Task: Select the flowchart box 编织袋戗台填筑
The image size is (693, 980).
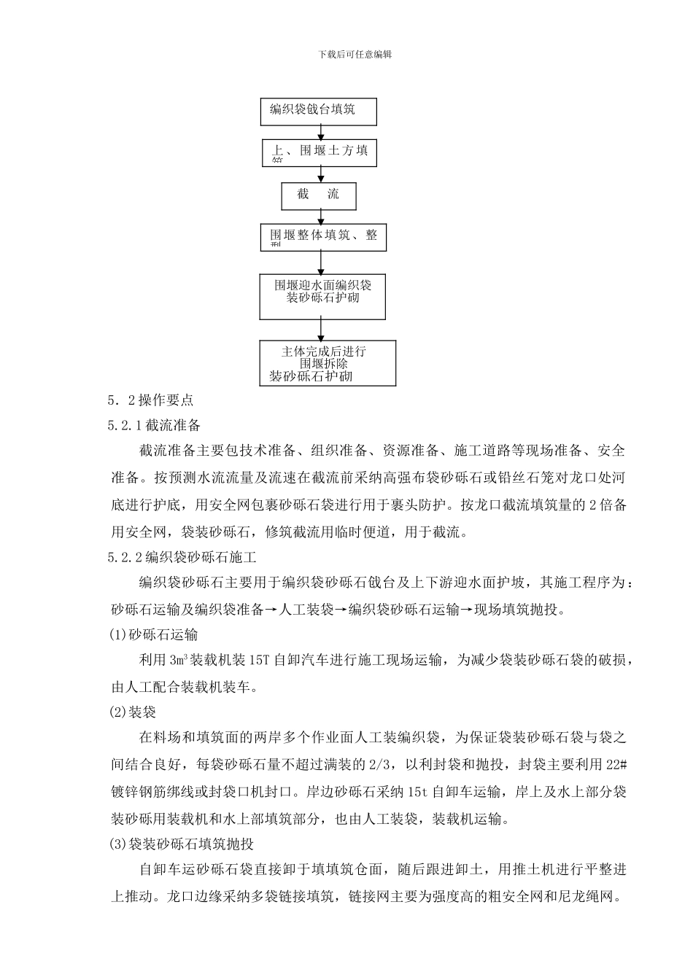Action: (x=319, y=112)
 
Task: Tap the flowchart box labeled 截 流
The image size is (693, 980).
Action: (x=319, y=195)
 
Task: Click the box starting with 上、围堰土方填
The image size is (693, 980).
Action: (x=320, y=153)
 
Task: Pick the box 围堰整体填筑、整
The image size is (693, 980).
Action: (x=323, y=237)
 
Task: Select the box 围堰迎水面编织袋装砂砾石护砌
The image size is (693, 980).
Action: (x=322, y=296)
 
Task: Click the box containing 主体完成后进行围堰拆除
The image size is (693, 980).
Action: (x=328, y=362)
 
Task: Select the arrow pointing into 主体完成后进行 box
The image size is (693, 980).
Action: (x=323, y=330)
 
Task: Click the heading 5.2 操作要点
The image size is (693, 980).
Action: (x=150, y=400)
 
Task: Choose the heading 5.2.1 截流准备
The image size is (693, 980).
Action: (x=154, y=425)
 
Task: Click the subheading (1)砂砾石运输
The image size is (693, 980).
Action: (x=153, y=634)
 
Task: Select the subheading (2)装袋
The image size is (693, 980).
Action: (x=132, y=712)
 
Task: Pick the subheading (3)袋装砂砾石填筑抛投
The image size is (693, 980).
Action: (x=181, y=844)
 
